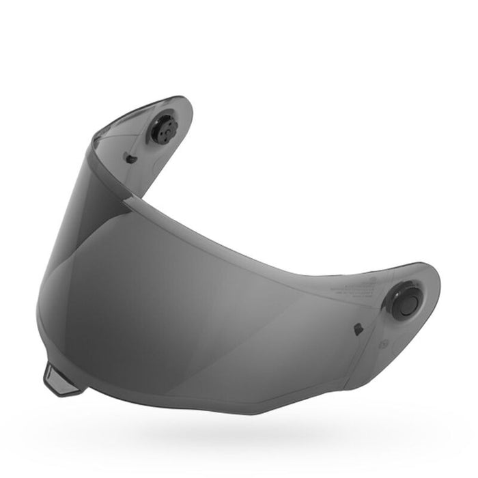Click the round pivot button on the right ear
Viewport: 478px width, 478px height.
point(407,302)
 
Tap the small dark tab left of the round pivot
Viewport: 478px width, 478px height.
point(357,329)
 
